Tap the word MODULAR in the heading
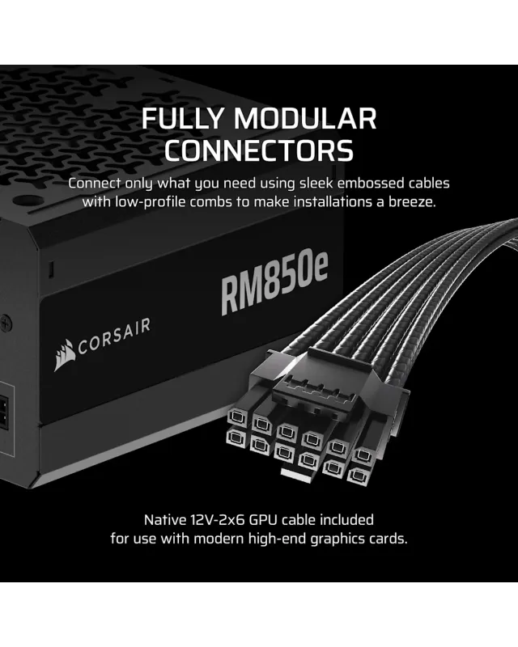coord(305,119)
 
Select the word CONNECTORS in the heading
coord(259,150)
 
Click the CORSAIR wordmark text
coord(114,336)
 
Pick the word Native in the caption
coord(165,520)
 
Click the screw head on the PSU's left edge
coord(6,323)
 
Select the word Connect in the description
coord(95,183)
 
